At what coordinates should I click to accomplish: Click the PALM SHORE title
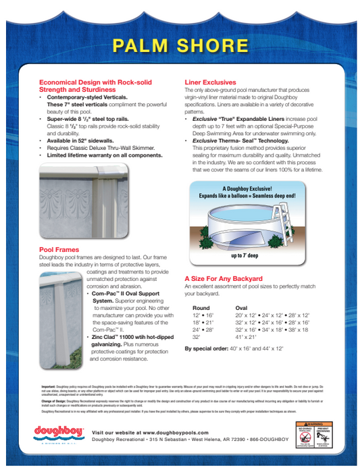click(x=180, y=45)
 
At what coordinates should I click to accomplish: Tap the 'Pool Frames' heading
click(x=60, y=250)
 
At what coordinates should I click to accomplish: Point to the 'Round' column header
click(x=201, y=307)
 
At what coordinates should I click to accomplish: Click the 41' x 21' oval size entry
click(x=247, y=336)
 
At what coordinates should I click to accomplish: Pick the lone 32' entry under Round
click(x=197, y=336)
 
